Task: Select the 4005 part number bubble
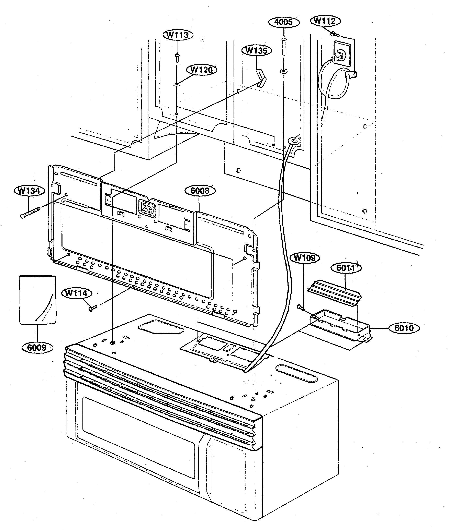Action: (283, 22)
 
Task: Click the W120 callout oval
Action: (202, 70)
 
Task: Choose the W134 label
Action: (29, 191)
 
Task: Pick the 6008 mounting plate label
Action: (200, 191)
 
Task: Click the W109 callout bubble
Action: (305, 258)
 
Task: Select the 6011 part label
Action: (346, 268)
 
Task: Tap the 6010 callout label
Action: (404, 328)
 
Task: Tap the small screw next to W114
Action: (93, 308)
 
